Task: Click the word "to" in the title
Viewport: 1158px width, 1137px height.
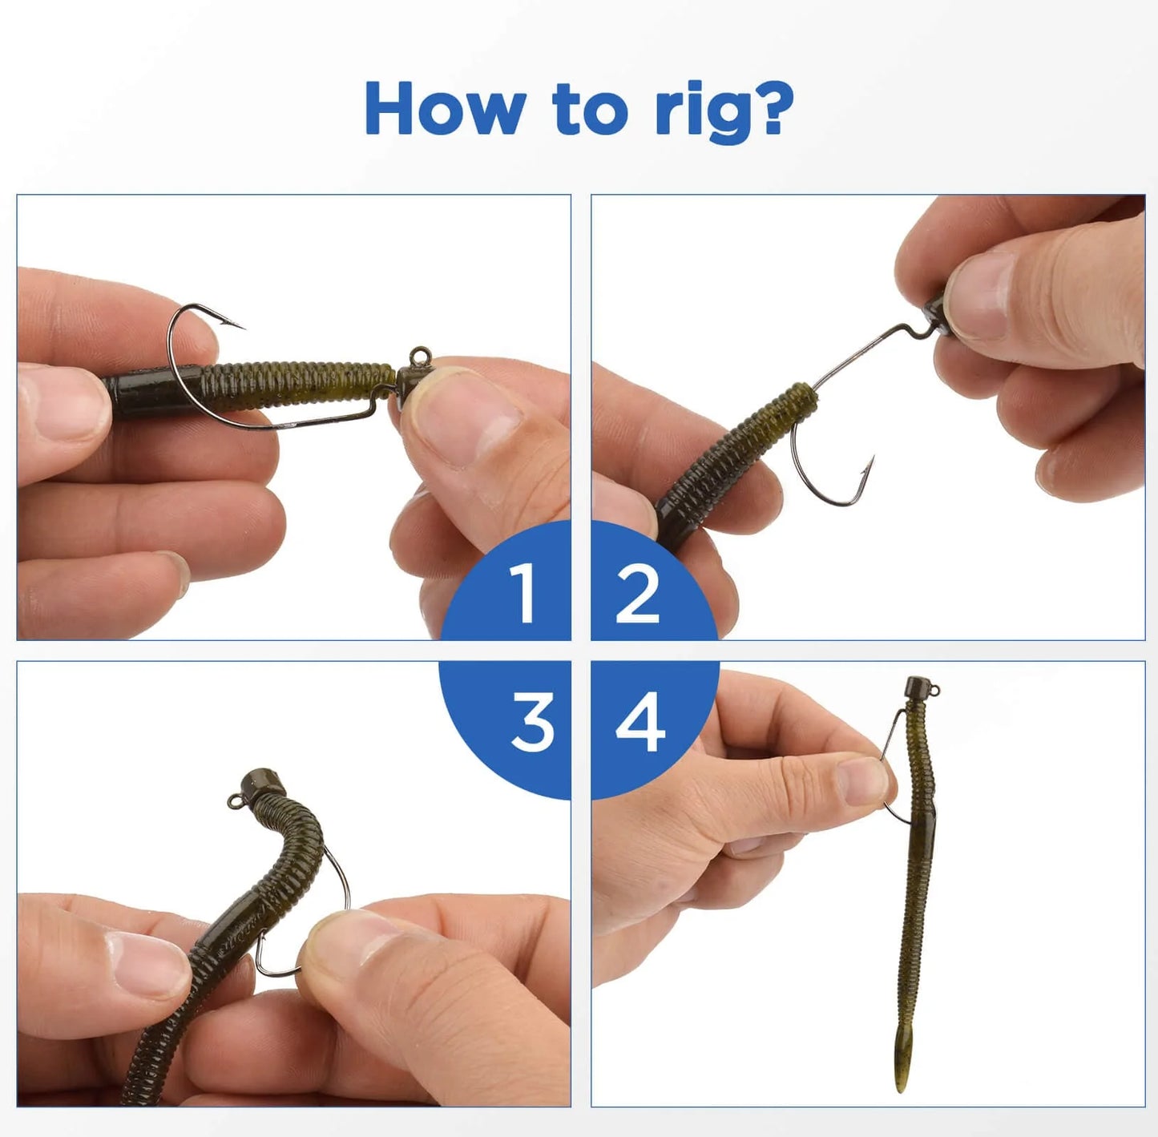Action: pyautogui.click(x=589, y=111)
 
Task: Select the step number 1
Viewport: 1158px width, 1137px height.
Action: pyautogui.click(x=523, y=592)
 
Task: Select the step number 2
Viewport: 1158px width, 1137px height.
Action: pyautogui.click(x=637, y=593)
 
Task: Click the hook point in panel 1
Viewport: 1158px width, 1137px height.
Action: pyautogui.click(x=240, y=326)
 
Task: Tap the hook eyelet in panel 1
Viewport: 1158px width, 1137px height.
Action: pyautogui.click(x=420, y=355)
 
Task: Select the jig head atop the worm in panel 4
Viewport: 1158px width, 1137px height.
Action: pyautogui.click(x=918, y=688)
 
